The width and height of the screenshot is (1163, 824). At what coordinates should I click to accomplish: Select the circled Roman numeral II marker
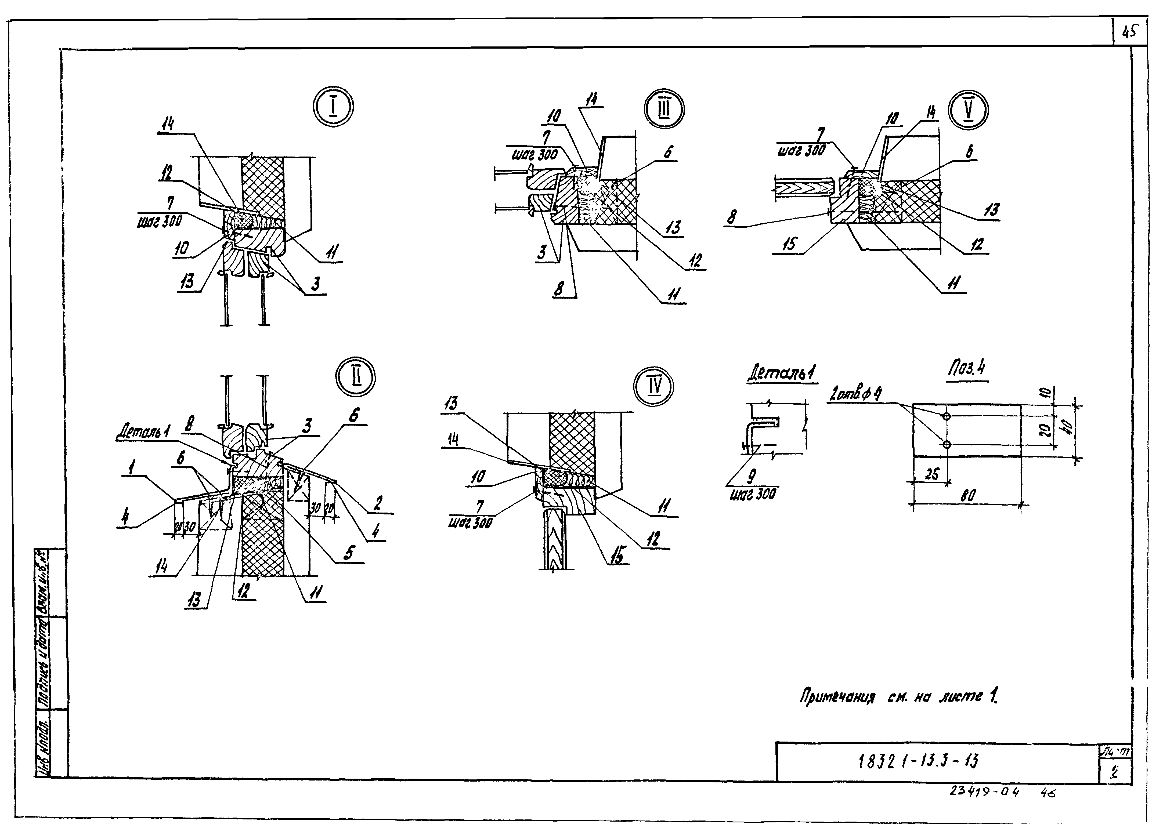355,377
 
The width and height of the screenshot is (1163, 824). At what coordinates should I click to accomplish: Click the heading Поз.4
967,368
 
